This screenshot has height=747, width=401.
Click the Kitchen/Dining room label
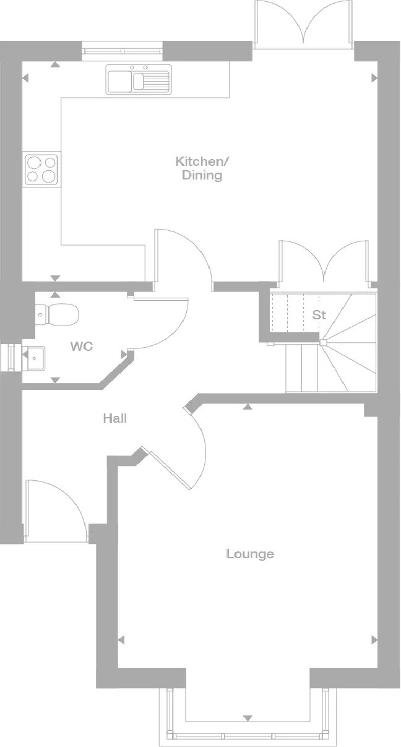click(202, 168)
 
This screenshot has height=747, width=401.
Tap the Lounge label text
click(250, 554)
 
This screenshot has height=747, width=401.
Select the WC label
click(81, 346)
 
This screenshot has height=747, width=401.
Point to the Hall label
click(114, 418)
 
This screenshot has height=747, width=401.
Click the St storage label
click(319, 314)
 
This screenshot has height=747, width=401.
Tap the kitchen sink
click(139, 79)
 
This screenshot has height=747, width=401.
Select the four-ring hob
click(41, 170)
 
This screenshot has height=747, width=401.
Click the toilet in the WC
click(57, 314)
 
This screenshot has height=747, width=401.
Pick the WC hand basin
click(33, 358)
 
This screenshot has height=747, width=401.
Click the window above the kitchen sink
click(123, 51)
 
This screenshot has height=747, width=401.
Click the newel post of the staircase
click(323, 342)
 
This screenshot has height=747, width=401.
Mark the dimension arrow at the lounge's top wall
click(248, 407)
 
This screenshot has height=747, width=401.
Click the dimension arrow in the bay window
click(248, 719)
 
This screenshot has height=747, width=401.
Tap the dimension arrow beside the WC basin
click(25, 355)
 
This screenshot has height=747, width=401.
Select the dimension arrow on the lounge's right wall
click(374, 640)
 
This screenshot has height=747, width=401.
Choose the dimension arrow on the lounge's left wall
click(121, 640)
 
